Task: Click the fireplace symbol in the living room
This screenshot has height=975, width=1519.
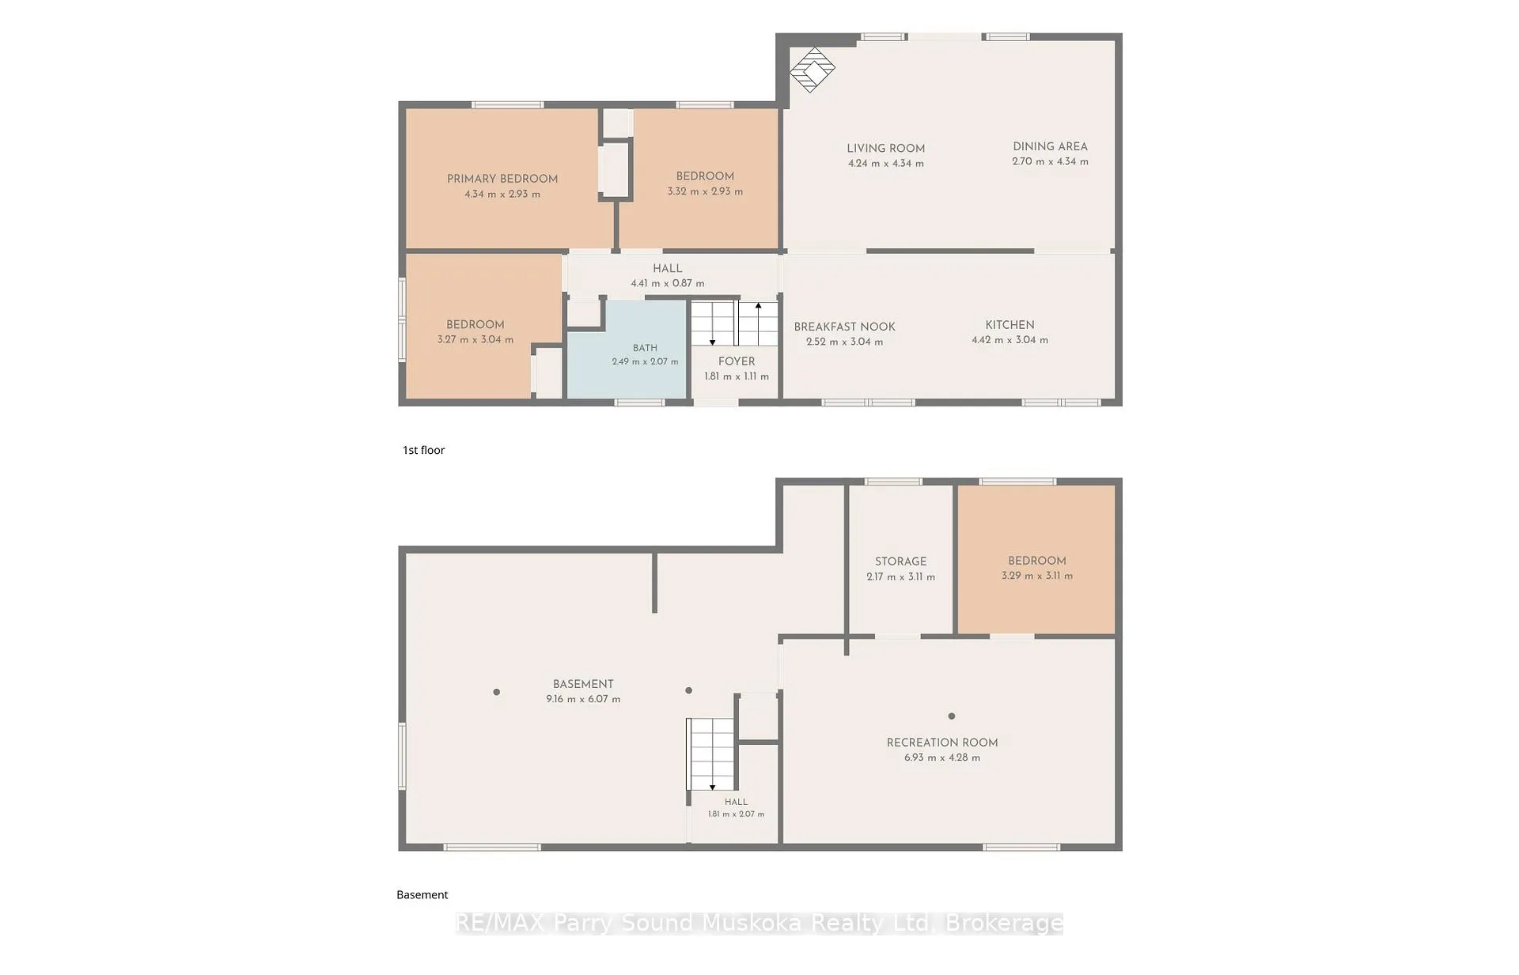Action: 813,70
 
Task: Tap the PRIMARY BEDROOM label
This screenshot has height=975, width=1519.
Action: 502,179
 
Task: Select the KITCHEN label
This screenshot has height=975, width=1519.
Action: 1010,325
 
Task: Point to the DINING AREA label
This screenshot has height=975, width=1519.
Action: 1050,146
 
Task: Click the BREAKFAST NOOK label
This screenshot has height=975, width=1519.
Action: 844,327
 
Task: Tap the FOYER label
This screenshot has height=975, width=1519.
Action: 737,361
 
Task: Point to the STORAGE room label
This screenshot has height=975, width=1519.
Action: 900,561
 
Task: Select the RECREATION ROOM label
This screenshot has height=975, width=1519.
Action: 942,743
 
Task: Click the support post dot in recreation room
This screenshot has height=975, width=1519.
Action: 952,716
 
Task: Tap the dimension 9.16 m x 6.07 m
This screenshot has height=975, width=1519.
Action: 583,699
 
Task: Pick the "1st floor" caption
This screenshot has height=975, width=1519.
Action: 424,450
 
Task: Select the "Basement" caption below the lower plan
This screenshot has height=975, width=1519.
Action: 422,894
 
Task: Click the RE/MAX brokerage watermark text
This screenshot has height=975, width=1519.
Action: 759,923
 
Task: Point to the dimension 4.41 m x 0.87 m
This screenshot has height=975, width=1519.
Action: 668,283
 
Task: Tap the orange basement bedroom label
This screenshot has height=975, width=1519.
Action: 1037,561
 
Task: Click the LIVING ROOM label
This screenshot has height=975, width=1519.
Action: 886,149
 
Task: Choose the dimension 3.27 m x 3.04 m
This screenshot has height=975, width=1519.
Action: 475,339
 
